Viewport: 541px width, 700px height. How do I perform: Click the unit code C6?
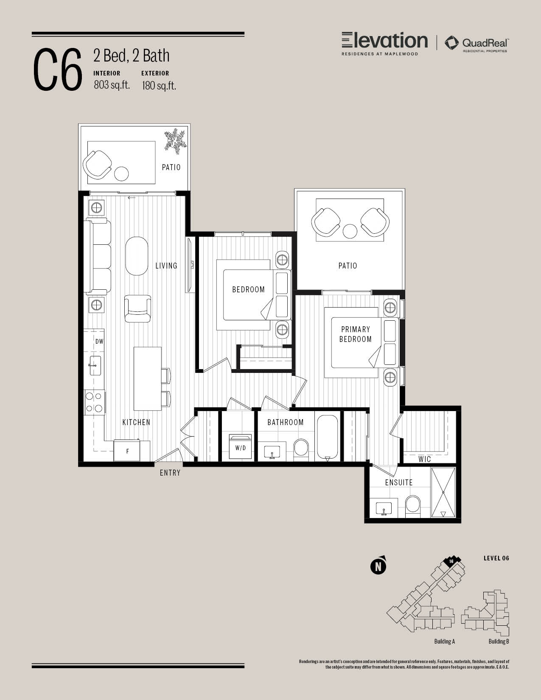[58, 70]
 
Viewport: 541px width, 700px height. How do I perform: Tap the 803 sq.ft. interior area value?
[112, 85]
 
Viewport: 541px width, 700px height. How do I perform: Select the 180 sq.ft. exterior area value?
[159, 86]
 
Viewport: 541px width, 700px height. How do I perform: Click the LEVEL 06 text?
[496, 558]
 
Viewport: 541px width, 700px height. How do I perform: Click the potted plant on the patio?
[175, 140]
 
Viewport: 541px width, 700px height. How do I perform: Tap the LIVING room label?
[166, 266]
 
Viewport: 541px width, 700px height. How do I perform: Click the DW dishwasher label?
[99, 342]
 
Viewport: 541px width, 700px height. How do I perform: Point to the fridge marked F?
[126, 451]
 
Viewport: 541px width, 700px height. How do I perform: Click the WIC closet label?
[424, 459]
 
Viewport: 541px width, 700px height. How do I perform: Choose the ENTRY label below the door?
[170, 473]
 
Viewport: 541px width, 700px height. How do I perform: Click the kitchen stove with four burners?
[94, 402]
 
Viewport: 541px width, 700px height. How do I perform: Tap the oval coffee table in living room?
[137, 256]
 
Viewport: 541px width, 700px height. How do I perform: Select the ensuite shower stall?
[443, 492]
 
